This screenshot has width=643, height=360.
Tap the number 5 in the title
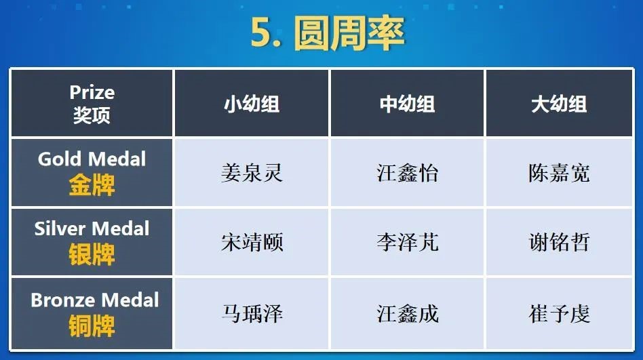261,33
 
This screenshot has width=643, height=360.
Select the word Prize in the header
92,92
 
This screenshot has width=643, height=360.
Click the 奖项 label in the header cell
92,115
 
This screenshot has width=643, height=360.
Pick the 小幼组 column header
252,104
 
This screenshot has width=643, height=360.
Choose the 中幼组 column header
407,104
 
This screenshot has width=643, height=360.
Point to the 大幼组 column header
559,104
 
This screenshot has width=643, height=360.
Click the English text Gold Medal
92,159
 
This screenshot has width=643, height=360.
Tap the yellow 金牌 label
92,185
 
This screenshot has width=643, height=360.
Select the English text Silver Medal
92,228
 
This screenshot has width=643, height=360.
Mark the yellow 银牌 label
92,254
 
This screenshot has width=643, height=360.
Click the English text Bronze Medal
95,300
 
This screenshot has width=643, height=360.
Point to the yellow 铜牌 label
92,326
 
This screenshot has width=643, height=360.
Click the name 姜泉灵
252,173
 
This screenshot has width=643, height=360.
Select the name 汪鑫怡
407,173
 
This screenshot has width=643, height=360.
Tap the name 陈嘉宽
559,173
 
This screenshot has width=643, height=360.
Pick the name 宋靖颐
252,242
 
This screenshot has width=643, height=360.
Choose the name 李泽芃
407,242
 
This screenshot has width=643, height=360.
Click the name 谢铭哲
559,242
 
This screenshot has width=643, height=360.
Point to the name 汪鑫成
407,314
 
